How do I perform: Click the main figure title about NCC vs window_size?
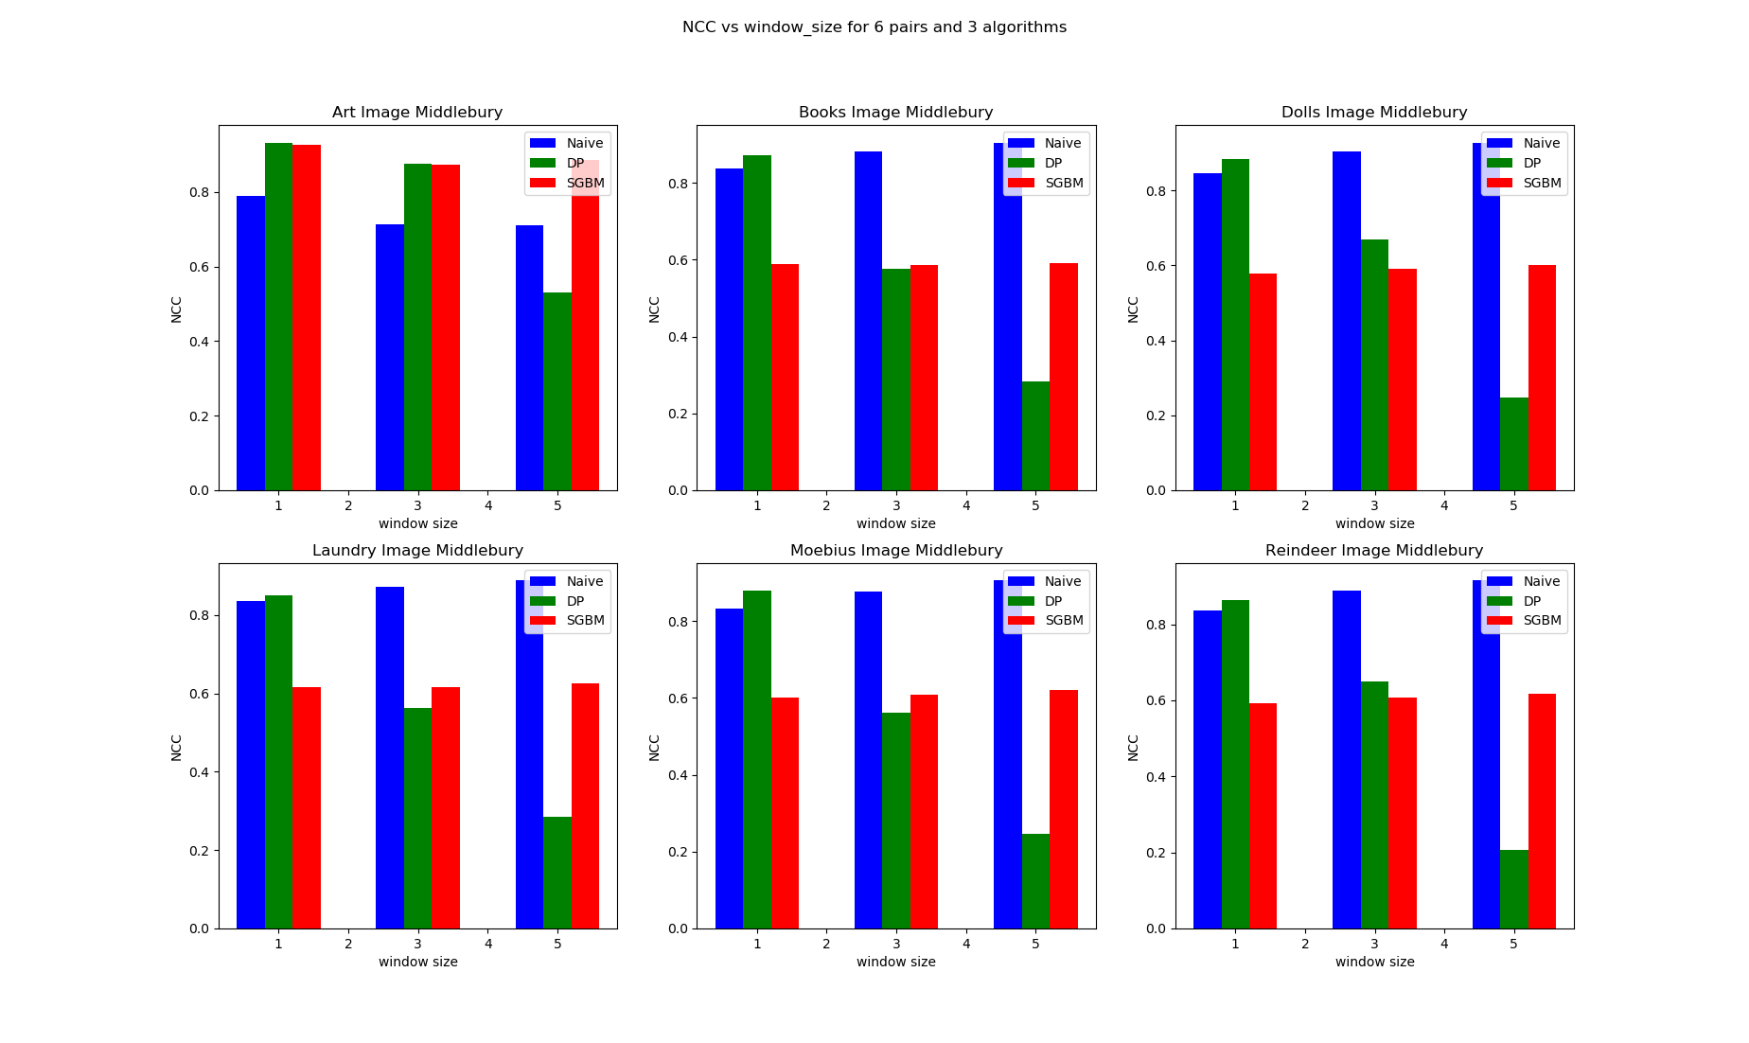(874, 27)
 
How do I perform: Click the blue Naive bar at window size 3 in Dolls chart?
(1346, 321)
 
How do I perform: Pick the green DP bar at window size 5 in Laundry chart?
(557, 872)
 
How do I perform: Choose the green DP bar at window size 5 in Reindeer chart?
(1513, 889)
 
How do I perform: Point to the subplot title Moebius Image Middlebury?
(895, 550)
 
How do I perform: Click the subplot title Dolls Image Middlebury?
(1373, 112)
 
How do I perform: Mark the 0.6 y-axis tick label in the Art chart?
(199, 267)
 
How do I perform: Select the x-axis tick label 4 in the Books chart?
(965, 505)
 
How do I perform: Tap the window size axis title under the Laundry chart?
(417, 962)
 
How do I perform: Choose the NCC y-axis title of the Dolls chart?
(1133, 309)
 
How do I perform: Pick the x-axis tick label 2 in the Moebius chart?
(826, 944)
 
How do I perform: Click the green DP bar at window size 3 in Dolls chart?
(1374, 364)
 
